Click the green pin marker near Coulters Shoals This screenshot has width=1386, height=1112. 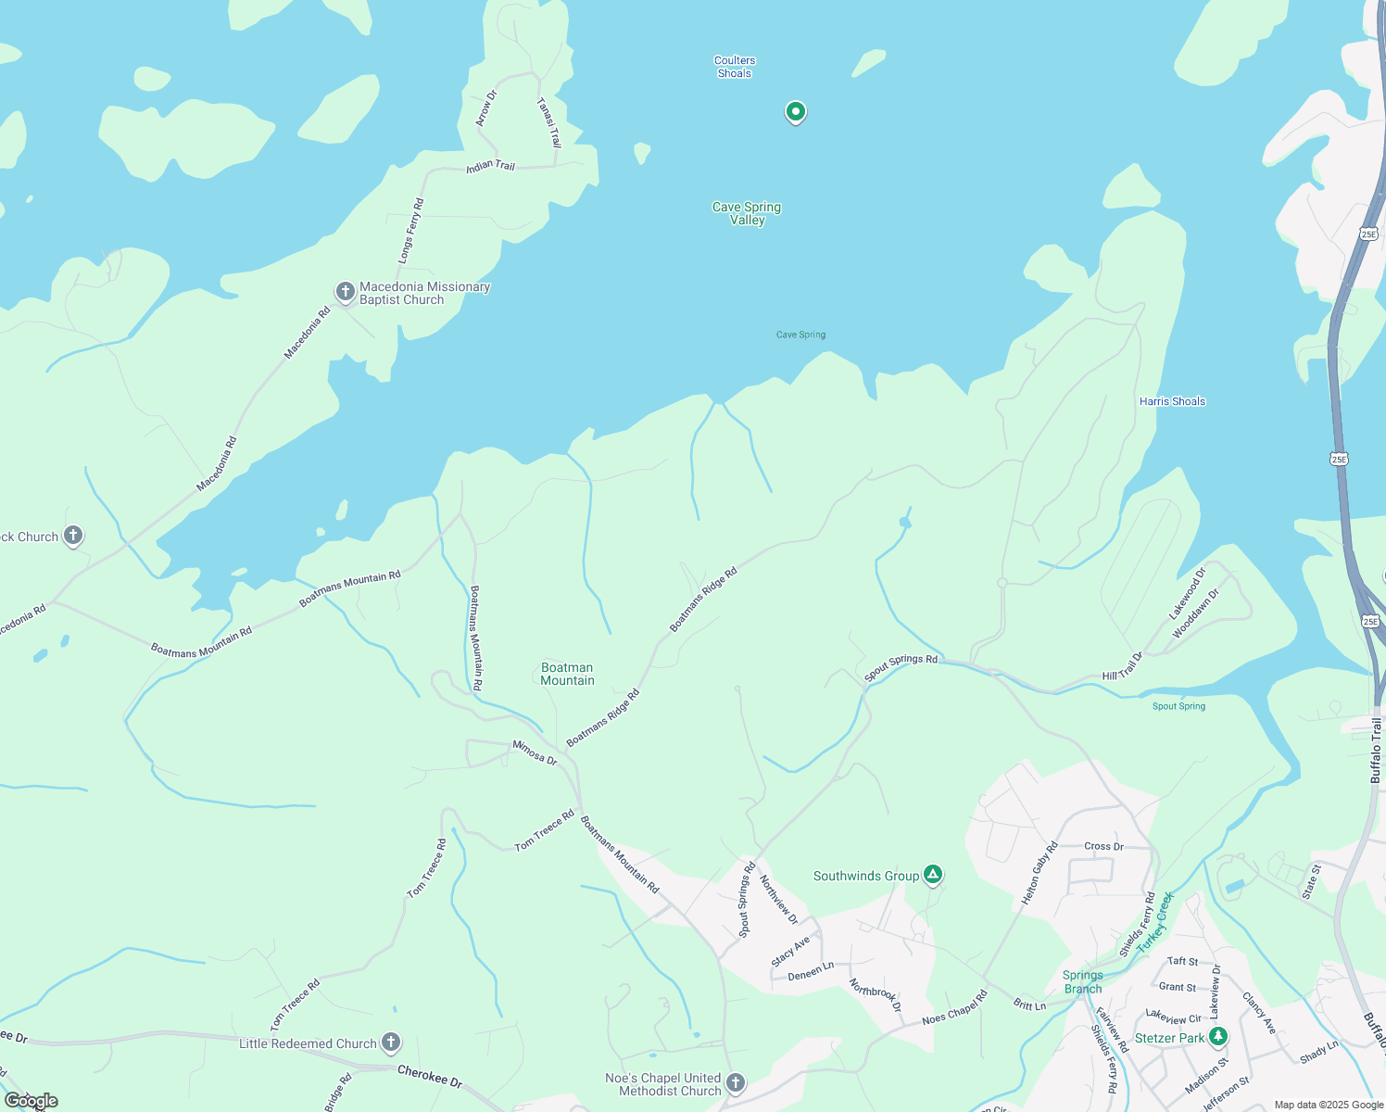pyautogui.click(x=795, y=112)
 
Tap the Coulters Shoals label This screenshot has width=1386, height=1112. pyautogui.click(x=735, y=67)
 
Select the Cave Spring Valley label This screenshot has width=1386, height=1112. pyautogui.click(x=747, y=213)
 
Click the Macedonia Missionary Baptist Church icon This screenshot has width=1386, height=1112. pyautogui.click(x=346, y=293)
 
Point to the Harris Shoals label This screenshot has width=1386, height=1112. pyautogui.click(x=1172, y=401)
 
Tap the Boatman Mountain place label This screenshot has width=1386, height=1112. pyautogui.click(x=567, y=674)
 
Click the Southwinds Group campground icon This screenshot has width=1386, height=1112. pyautogui.click(x=933, y=875)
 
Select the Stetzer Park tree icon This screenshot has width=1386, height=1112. pyautogui.click(x=1218, y=1037)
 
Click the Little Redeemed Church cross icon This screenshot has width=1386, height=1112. pyautogui.click(x=391, y=1042)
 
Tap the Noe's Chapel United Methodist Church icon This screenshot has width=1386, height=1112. pyautogui.click(x=736, y=1082)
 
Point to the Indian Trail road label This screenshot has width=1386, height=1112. pyautogui.click(x=491, y=166)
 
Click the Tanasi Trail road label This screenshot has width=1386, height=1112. pyautogui.click(x=549, y=123)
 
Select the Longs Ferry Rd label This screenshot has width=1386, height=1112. pyautogui.click(x=411, y=230)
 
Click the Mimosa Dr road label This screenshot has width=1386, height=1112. pyautogui.click(x=535, y=752)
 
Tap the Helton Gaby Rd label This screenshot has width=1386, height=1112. pyautogui.click(x=1039, y=873)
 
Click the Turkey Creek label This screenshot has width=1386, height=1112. pyautogui.click(x=1155, y=921)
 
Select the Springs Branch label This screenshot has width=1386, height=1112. pyautogui.click(x=1082, y=981)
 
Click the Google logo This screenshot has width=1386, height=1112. pyautogui.click(x=31, y=1101)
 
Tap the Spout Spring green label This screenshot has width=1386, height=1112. pyautogui.click(x=1178, y=706)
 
